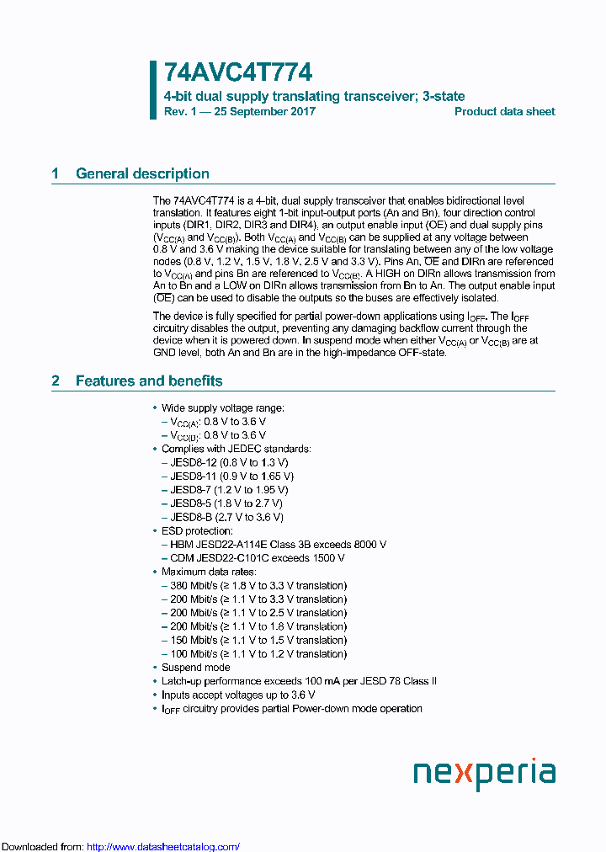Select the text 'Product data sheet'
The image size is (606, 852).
tap(504, 112)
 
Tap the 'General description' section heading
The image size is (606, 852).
tap(142, 174)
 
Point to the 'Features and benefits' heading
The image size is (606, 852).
tap(149, 381)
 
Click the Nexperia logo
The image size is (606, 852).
tap(484, 773)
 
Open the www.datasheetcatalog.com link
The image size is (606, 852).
tap(163, 846)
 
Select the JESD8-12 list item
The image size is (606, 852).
tap(229, 462)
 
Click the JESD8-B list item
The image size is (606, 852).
tap(226, 517)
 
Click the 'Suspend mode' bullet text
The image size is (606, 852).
tap(196, 668)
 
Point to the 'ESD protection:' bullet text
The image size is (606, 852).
tap(198, 530)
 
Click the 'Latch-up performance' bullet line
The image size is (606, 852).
tap(299, 681)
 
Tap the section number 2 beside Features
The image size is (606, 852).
tap(56, 381)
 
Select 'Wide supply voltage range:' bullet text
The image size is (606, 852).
tap(223, 407)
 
